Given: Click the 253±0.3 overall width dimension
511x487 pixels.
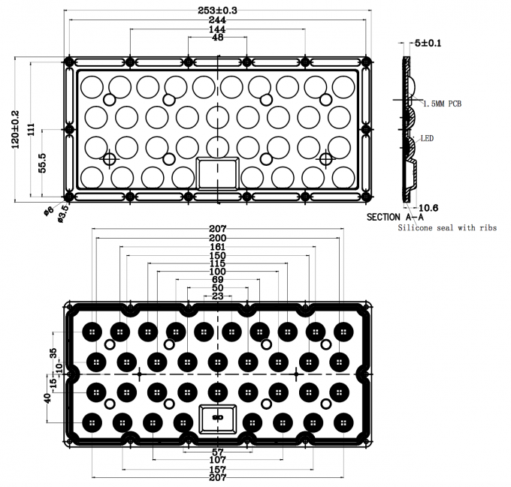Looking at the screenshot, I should coord(218,11).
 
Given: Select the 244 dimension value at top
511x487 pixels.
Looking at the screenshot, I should coord(218,20).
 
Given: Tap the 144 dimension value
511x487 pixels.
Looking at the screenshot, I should coord(218,29).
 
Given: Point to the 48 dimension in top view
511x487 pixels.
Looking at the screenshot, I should coord(218,38).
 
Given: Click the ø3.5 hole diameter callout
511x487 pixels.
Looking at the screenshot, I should coord(64,212).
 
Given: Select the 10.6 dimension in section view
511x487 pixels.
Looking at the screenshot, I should coord(428,207).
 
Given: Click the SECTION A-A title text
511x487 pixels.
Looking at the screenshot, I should coord(395,217).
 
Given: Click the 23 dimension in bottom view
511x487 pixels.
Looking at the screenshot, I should coord(218,296).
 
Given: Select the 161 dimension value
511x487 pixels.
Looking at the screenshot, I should coord(218,246).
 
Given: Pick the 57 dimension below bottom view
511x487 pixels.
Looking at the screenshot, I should coord(218,452).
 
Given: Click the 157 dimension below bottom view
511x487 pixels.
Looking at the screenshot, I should coord(218,469).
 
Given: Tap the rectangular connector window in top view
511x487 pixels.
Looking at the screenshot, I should coord(217,173).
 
